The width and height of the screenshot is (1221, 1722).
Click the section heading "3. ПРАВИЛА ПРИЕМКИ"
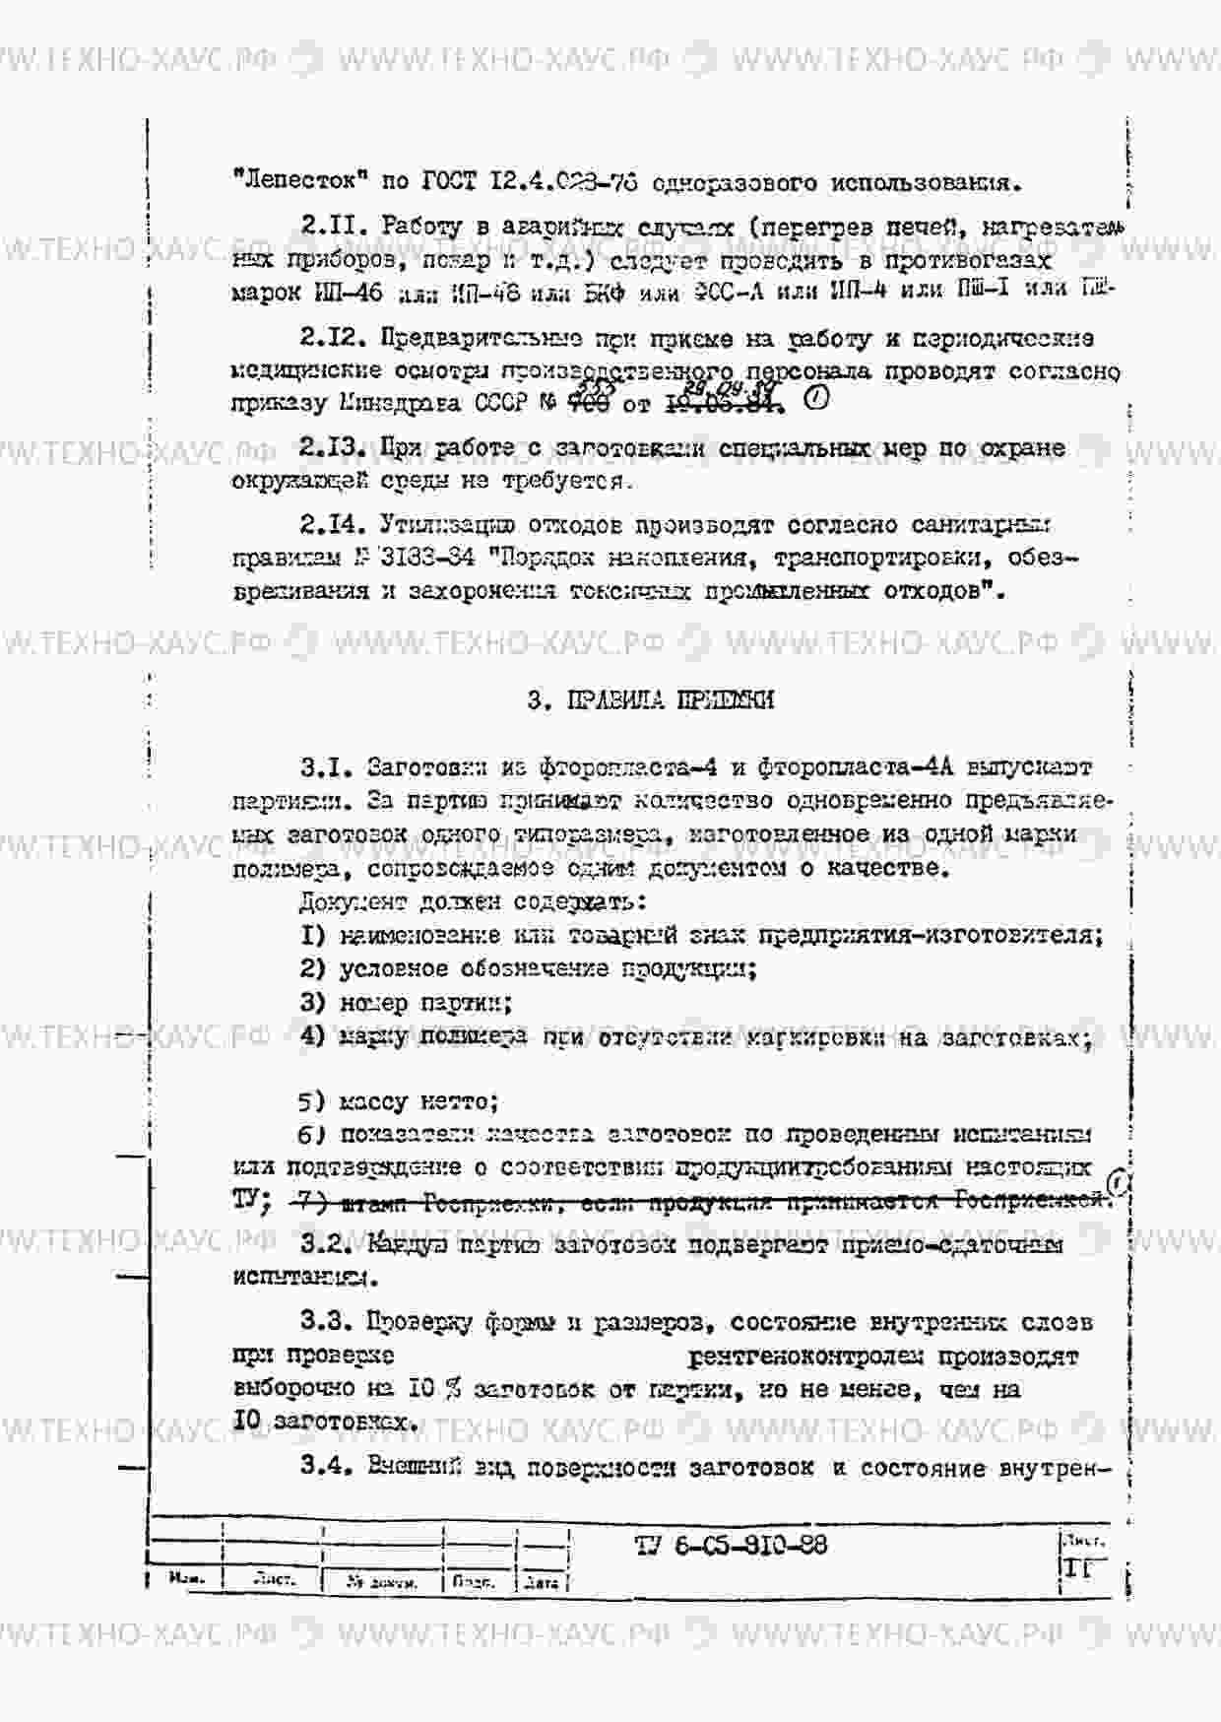650,700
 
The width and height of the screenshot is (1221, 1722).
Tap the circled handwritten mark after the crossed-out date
816,399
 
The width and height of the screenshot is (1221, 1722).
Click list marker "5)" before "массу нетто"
312,1102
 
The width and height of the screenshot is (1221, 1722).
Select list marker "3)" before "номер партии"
312,1003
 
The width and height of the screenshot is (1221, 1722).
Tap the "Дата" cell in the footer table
543,1583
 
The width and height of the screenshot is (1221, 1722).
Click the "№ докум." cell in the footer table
382,1583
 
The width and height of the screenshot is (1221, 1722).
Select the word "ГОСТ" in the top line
449,182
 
